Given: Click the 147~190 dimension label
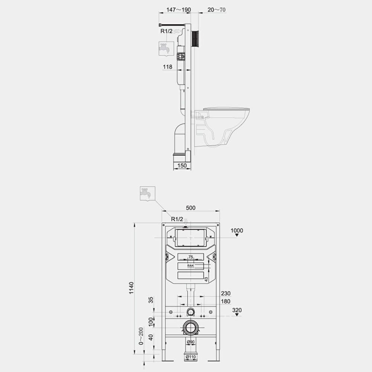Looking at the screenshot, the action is pyautogui.click(x=179, y=10).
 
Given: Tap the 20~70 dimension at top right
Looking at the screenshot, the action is pyautogui.click(x=217, y=10).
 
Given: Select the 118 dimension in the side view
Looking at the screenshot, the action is pyautogui.click(x=167, y=67).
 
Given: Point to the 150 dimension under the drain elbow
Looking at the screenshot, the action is pyautogui.click(x=182, y=166).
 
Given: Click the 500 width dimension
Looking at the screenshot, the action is pyautogui.click(x=190, y=208).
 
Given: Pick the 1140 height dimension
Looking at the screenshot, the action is pyautogui.click(x=131, y=288).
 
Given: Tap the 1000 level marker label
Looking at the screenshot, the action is pyautogui.click(x=237, y=230).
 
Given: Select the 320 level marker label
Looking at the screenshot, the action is pyautogui.click(x=237, y=310).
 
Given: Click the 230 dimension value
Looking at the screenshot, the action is pyautogui.click(x=226, y=294).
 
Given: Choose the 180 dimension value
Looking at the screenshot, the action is pyautogui.click(x=226, y=301).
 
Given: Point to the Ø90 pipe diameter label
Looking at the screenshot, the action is pyautogui.click(x=190, y=342).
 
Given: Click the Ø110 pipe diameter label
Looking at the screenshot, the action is pyautogui.click(x=190, y=357).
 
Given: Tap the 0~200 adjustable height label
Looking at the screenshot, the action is pyautogui.click(x=141, y=336).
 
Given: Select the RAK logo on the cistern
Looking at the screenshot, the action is pyautogui.click(x=190, y=266).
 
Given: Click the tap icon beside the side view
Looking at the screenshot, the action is pyautogui.click(x=166, y=49).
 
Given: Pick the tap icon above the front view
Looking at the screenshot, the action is pyautogui.click(x=147, y=194).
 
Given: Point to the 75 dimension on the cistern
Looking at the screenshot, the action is pyautogui.click(x=190, y=257).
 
